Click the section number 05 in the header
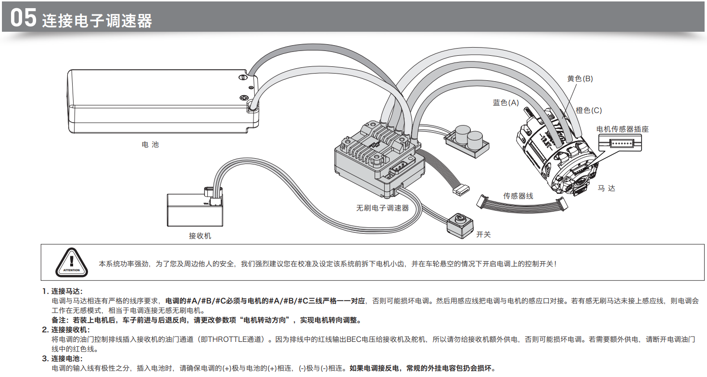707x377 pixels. coord(23,18)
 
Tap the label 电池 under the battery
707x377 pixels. coord(150,144)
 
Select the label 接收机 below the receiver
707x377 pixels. coord(200,236)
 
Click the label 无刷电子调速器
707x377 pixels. coord(382,208)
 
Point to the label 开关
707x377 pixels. coord(483,235)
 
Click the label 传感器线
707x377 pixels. coord(518,196)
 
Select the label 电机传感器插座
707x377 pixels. coord(622,129)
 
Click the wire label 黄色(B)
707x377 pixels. coord(580,78)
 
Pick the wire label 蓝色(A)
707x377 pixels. coord(506,102)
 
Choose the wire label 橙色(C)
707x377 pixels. coord(589,111)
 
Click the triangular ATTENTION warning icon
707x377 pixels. coord(72,264)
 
